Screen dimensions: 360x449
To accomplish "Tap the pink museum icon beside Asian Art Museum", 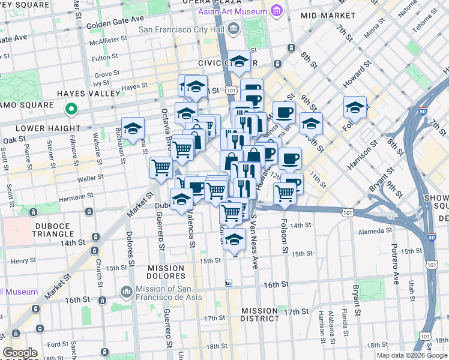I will point(276,11).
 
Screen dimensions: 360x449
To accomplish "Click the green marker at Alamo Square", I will point(71,109).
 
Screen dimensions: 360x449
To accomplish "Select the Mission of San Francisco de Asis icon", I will point(126,292).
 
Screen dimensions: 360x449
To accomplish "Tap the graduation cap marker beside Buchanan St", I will point(133,128).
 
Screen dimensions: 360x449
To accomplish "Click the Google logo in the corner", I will point(20,353).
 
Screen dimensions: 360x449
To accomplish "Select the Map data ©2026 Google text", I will point(411,355).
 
